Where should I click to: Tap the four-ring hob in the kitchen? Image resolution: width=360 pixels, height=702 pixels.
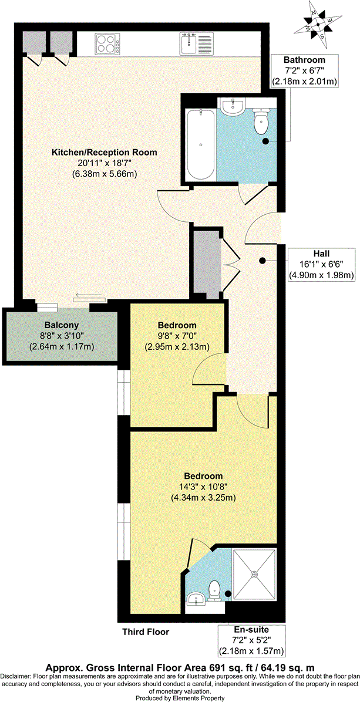coord(107,42)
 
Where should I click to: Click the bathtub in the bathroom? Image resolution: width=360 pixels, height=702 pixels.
coord(200,144)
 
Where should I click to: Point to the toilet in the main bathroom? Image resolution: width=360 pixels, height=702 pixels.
coord(260,121)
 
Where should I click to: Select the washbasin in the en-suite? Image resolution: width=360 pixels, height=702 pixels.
coord(195,599)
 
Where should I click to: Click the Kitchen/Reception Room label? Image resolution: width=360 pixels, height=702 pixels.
coord(105,152)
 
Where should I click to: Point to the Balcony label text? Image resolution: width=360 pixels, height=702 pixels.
coord(61,325)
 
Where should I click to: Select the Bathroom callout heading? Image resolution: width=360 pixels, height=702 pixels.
coord(304,60)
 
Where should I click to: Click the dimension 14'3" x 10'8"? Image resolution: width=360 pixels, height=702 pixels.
coord(203,487)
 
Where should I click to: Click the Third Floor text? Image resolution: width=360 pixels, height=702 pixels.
coord(146,632)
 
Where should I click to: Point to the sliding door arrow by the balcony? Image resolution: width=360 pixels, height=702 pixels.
coord(88,296)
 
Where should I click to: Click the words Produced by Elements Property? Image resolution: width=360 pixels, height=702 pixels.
coord(180,697)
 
